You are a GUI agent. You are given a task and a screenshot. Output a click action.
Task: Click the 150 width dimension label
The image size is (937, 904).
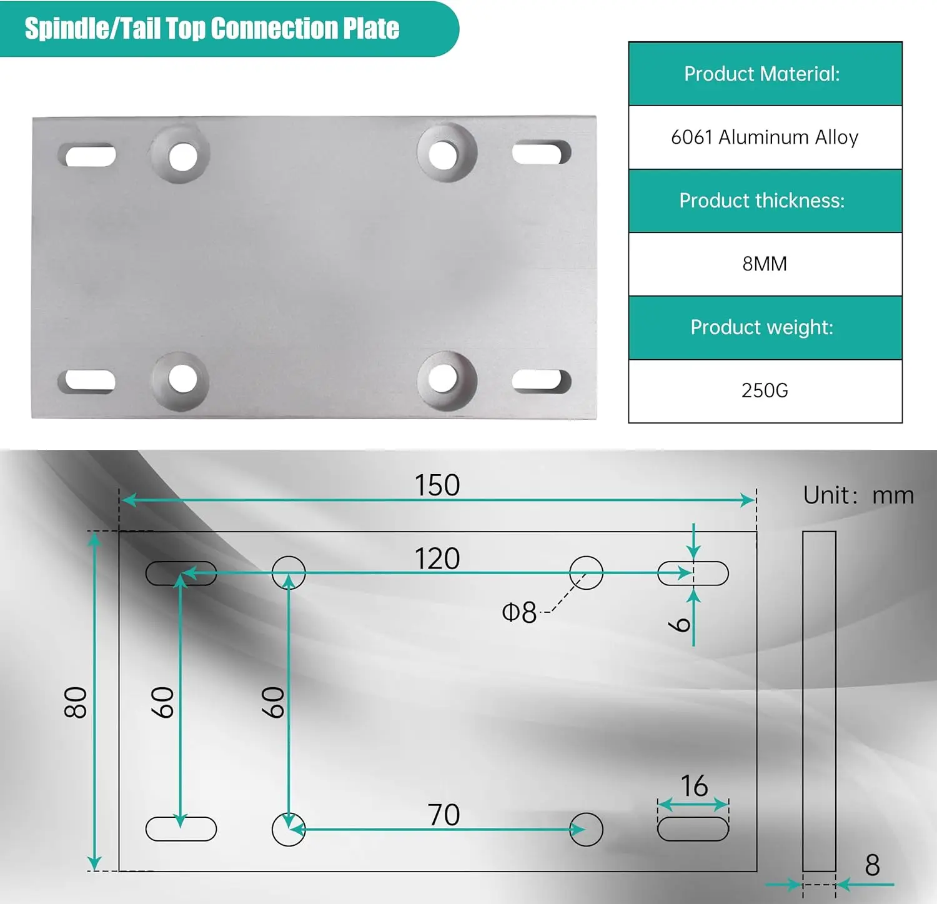(x=437, y=485)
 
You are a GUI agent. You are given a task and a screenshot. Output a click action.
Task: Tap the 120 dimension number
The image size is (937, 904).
(x=437, y=558)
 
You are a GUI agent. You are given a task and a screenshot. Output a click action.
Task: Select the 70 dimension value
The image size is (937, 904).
(x=444, y=815)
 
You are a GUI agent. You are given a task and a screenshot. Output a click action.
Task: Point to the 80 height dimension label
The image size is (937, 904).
(x=76, y=702)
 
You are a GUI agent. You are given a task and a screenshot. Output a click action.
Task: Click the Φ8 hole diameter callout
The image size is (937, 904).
(x=519, y=613)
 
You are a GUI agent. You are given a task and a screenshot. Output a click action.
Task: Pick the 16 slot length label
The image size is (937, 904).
(x=694, y=786)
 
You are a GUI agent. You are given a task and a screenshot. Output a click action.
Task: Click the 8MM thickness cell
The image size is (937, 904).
(x=765, y=264)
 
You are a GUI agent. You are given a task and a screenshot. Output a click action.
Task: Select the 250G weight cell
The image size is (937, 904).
(x=765, y=390)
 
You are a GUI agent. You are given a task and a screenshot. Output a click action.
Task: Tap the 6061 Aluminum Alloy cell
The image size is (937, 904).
(x=765, y=137)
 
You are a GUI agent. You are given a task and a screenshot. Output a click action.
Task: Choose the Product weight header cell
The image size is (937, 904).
(x=765, y=327)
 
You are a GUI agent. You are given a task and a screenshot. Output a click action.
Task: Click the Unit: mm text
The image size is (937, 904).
(x=858, y=495)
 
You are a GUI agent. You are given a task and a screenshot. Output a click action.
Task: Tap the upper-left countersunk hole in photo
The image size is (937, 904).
(x=181, y=155)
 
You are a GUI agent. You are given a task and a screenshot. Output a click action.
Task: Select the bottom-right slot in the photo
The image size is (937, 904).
(x=541, y=381)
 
